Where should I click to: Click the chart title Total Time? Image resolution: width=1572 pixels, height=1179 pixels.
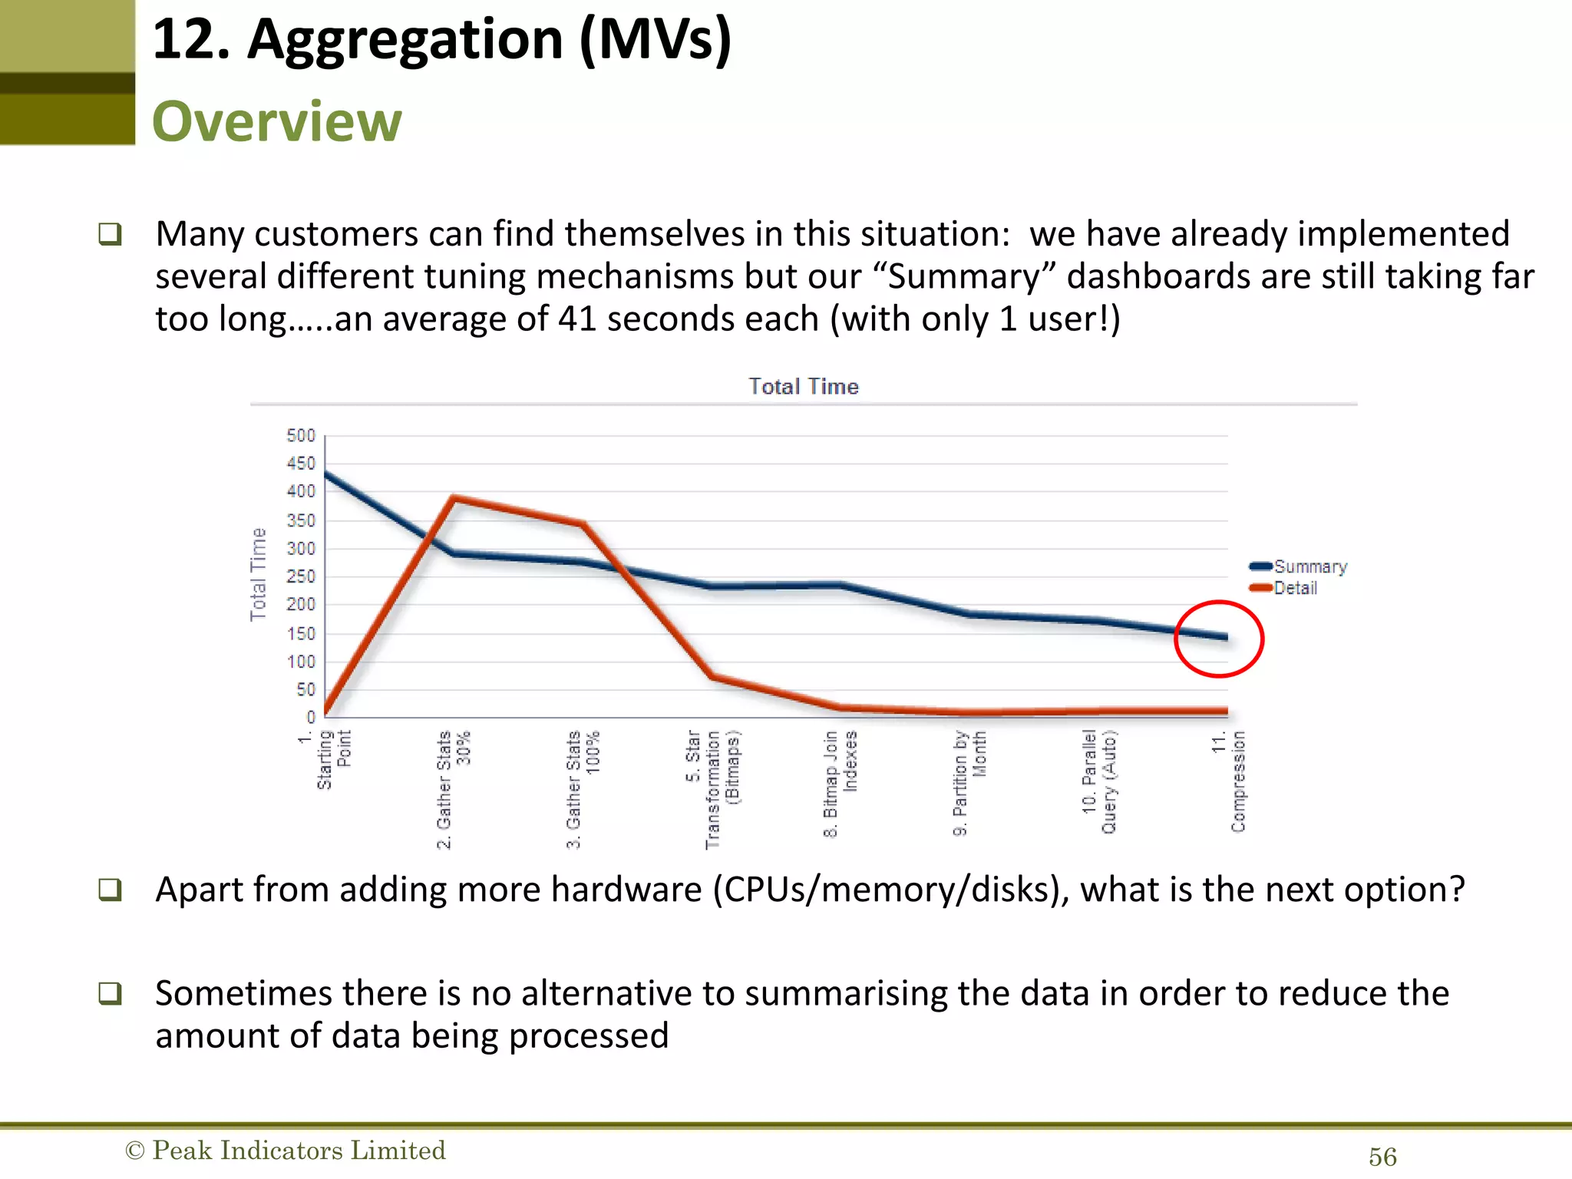click(803, 386)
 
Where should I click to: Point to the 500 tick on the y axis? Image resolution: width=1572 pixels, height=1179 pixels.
click(301, 436)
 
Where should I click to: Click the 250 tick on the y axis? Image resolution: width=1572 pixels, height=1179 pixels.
click(301, 576)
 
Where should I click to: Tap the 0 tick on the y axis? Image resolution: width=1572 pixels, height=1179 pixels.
click(310, 717)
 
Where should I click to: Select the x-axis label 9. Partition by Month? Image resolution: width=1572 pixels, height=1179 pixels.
click(969, 783)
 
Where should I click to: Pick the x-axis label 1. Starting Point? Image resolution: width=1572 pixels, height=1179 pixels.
click(325, 759)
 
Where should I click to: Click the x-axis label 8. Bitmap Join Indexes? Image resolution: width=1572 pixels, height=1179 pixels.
click(840, 783)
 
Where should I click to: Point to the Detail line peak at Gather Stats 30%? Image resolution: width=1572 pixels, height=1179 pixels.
click(454, 499)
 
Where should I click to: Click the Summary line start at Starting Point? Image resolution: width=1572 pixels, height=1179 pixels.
click(326, 474)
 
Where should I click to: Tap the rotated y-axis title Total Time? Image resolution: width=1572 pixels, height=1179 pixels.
click(258, 574)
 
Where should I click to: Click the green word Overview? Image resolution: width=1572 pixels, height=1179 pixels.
click(276, 121)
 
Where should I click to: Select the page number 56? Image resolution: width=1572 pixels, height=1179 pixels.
click(1382, 1157)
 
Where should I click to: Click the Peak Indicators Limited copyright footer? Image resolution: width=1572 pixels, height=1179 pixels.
click(286, 1150)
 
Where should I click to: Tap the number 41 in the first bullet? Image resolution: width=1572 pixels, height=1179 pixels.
click(577, 319)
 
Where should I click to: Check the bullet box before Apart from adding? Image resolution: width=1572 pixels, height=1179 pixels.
click(111, 890)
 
